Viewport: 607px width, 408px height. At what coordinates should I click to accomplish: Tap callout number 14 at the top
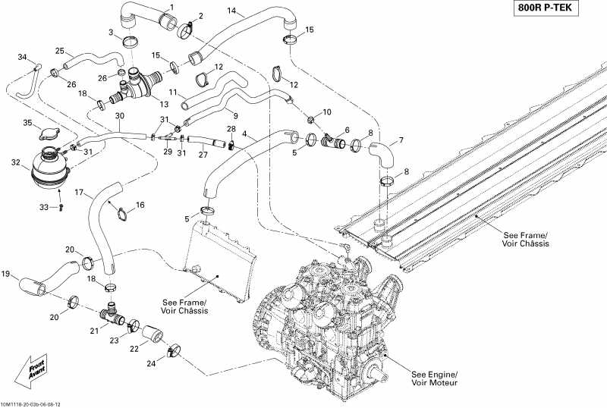(231, 11)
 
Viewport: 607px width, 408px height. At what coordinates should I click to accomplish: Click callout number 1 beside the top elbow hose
(171, 8)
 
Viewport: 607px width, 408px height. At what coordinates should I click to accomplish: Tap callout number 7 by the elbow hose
(401, 140)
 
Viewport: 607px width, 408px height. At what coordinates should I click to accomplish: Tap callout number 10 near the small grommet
(327, 111)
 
